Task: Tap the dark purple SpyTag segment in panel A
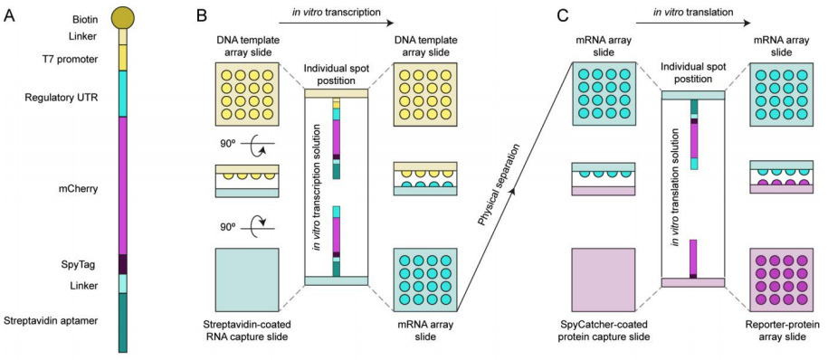click(123, 264)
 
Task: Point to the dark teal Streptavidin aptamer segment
click(123, 321)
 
